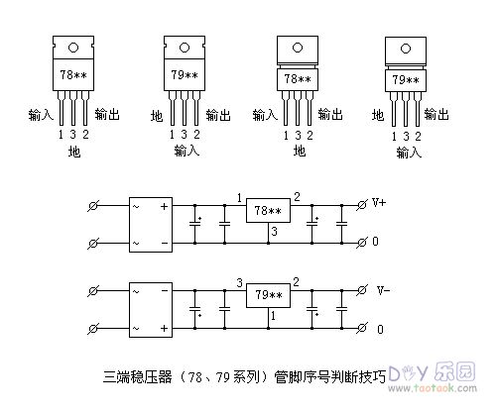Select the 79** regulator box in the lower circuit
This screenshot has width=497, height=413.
pos(268,294)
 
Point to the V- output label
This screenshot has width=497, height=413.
pos(381,290)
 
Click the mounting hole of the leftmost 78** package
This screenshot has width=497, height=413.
pos(72,43)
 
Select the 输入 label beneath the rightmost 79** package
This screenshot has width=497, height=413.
pos(409,154)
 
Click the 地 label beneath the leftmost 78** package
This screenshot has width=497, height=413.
pos(72,153)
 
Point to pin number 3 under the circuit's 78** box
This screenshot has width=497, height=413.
pos(273,231)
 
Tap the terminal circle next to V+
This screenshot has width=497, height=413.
pos(361,204)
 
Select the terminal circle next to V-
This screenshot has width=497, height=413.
pos(361,290)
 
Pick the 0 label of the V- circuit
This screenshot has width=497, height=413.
pos(378,328)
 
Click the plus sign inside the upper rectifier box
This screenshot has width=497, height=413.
pos(165,205)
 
